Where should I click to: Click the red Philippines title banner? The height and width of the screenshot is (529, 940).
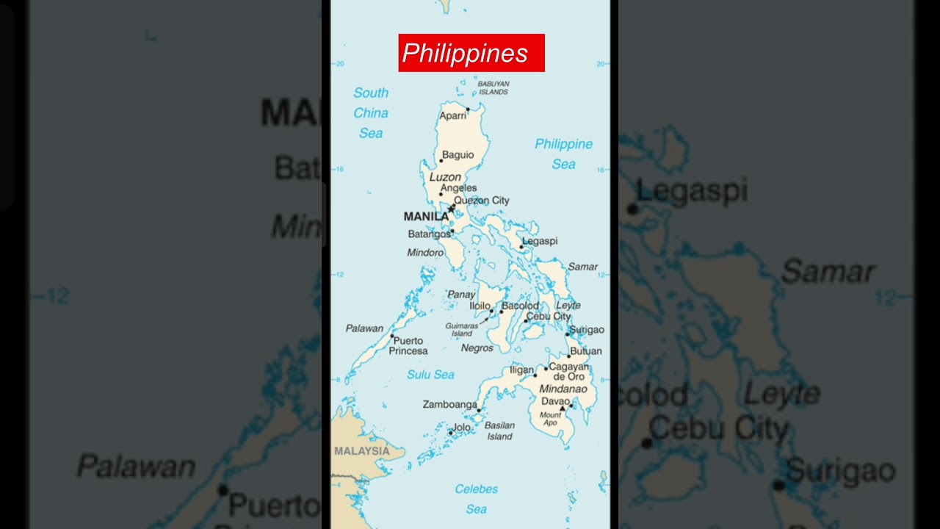coord(471,53)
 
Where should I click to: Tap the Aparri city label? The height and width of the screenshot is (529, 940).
coord(452,116)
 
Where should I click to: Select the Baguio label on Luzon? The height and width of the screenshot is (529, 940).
coord(458,155)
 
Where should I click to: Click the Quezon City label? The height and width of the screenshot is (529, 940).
coord(481,201)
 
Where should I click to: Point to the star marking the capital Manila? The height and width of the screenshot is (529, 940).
coord(451,209)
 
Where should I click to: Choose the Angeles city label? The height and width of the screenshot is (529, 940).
coord(458,188)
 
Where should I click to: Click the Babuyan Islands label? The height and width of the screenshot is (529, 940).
coord(493,88)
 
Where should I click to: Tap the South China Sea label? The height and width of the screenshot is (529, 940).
coord(371,113)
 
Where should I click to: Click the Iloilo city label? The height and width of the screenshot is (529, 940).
coord(480,306)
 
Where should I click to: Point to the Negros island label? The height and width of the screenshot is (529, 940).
coord(477,348)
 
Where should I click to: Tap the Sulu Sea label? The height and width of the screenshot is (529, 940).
coord(430,375)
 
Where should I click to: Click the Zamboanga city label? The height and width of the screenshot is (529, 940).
coord(449,404)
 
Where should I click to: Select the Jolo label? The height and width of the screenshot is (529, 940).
coord(461,427)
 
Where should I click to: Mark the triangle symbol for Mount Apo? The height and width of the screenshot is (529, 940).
coord(563,409)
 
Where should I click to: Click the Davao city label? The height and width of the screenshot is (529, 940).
coord(555,401)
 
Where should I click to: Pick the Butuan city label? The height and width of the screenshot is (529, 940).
coord(585,351)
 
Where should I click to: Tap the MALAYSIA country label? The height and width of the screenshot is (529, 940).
coord(361,451)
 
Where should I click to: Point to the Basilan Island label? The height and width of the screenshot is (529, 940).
coord(499,431)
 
